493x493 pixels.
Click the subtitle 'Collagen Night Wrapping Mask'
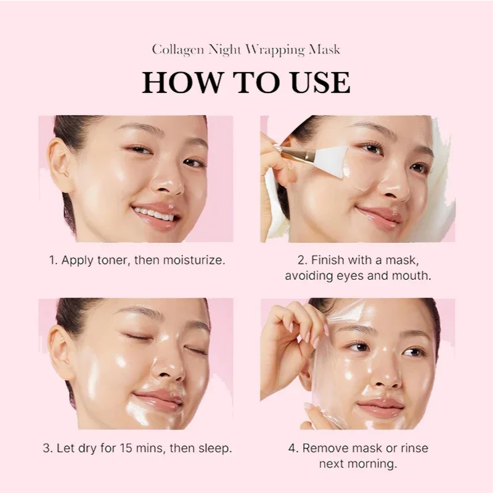coord(246,50)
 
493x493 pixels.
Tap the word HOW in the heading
coord(179,83)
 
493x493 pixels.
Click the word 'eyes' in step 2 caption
coord(352,276)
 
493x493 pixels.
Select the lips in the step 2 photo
coord(375,216)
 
